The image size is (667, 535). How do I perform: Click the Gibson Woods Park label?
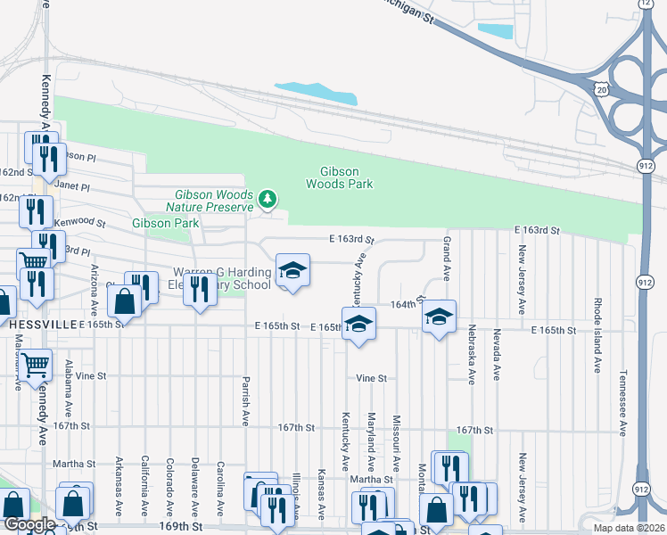tap(339, 177)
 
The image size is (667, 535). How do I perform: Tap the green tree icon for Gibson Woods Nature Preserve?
tap(267, 197)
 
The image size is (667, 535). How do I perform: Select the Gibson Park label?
tap(165, 223)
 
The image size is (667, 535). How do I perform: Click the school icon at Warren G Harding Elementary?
tap(292, 270)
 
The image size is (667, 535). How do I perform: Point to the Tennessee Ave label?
tap(622, 404)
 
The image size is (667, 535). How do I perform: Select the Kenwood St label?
tap(79, 222)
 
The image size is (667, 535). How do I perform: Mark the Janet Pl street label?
tap(72, 187)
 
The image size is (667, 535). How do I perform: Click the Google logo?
tap(29, 524)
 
